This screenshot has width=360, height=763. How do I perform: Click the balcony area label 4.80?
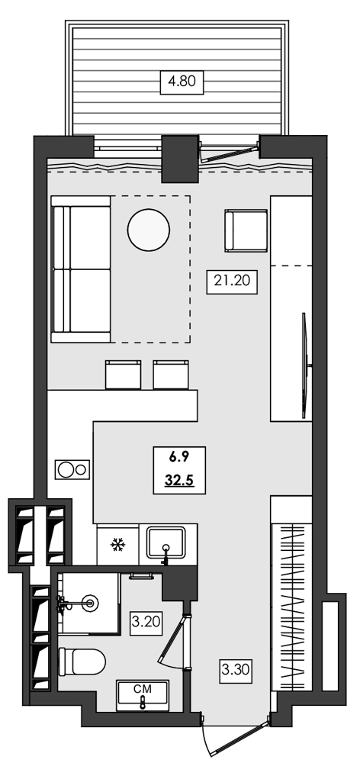click(x=182, y=81)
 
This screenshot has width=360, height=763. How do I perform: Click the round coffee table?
click(x=149, y=229)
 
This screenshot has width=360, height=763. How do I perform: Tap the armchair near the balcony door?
click(x=246, y=230)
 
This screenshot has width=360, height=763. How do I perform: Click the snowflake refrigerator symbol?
click(x=117, y=545)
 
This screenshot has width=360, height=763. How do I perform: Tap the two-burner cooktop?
click(x=71, y=468)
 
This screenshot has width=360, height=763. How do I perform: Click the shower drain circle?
click(x=93, y=604)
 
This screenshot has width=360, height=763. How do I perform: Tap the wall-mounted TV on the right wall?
click(x=306, y=366)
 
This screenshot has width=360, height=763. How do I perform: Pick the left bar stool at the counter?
click(x=124, y=374)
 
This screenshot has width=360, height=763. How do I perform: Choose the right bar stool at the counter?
click(x=171, y=374)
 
